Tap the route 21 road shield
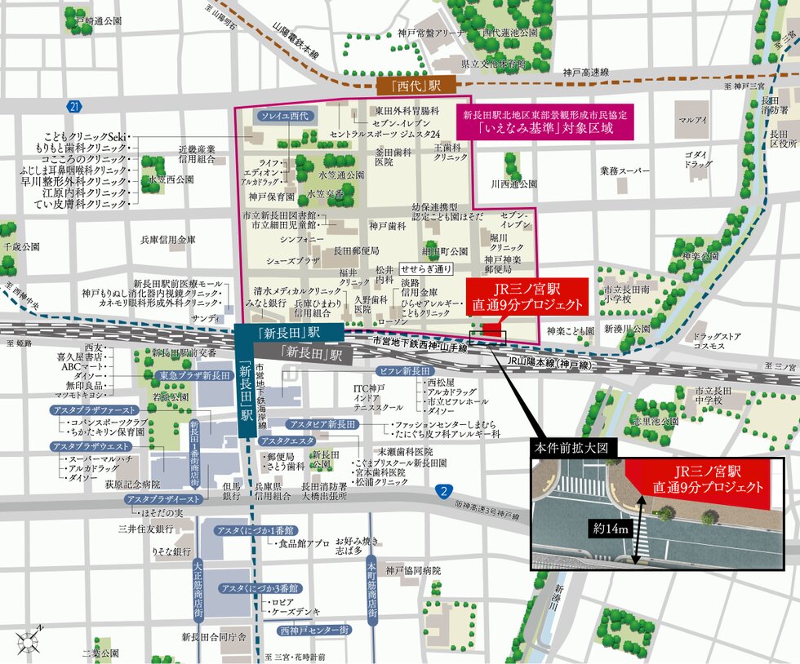pyautogui.click(x=74, y=106)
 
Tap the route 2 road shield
pyautogui.click(x=442, y=491)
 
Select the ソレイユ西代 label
pyautogui.click(x=284, y=117)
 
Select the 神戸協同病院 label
pyautogui.click(x=413, y=570)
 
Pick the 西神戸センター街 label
pyautogui.click(x=313, y=631)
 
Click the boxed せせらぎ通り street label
pyautogui.click(x=425, y=268)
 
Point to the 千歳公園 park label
pyautogui.click(x=21, y=246)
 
